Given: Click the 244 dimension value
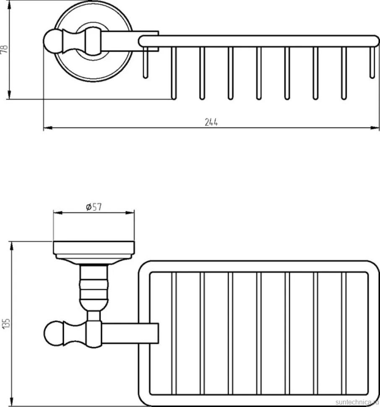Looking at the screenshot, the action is (x=211, y=122).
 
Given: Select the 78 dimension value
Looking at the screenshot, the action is (x=5, y=50).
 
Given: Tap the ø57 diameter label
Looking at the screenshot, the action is (x=94, y=207).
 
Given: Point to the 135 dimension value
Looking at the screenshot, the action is (x=6, y=324).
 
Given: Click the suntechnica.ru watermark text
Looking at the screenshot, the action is (x=357, y=402).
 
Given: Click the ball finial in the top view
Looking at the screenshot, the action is (x=53, y=41).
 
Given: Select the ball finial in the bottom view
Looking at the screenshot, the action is (x=54, y=333).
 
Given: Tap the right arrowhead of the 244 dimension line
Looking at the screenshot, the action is (x=375, y=128).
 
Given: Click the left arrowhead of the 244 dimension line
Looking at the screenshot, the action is (x=48, y=128).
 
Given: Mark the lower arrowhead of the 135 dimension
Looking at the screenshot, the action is (x=11, y=401).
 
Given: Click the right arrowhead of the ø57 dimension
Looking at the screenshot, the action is (x=130, y=213).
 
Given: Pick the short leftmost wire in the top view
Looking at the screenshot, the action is (x=146, y=62).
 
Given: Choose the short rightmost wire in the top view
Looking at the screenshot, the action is (x=372, y=62).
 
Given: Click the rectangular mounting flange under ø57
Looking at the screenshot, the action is (x=94, y=248).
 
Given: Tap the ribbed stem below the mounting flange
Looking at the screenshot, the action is (x=94, y=288).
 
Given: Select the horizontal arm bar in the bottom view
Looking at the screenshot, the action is (x=130, y=333).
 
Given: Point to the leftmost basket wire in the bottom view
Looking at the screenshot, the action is (x=174, y=334).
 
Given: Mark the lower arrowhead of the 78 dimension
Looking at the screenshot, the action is (x=9, y=94).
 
